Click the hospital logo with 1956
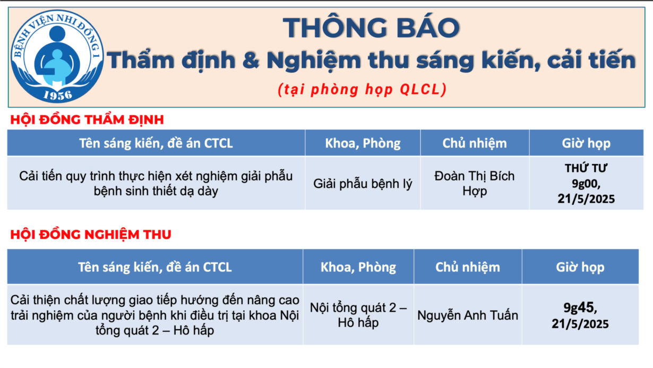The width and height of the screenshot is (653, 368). tap(57, 56)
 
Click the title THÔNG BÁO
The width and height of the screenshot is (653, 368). tap(371, 28)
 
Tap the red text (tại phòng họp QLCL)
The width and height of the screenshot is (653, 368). tap(362, 89)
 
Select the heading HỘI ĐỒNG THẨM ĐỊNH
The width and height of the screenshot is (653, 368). tap(87, 120)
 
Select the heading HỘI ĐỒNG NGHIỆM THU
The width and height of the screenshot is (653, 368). tap(91, 235)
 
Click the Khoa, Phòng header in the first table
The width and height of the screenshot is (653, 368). tap(363, 143)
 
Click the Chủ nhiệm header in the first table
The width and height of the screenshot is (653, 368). tap(475, 143)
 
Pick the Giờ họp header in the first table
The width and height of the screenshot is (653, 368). tap(586, 143)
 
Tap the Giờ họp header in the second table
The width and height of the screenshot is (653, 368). tap(580, 267)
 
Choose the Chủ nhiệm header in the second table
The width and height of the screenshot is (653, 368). tap(468, 267)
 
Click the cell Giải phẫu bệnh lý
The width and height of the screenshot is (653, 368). tap(363, 184)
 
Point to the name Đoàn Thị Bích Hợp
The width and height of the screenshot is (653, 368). tap(475, 183)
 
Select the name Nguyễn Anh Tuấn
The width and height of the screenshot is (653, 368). tap(468, 315)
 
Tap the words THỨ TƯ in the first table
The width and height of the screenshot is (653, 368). tap(586, 168)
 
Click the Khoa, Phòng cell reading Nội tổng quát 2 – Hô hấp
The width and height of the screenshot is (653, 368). tap(358, 315)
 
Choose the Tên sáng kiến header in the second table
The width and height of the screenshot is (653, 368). tap(155, 267)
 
